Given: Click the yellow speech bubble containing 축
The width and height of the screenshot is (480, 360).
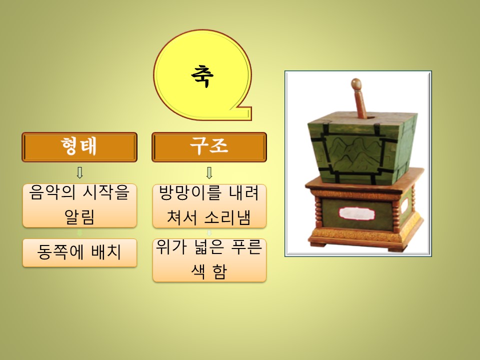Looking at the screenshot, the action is click(202, 75).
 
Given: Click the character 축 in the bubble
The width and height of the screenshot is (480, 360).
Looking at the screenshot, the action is click(202, 76).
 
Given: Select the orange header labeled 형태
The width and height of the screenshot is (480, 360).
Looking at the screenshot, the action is click(79, 147).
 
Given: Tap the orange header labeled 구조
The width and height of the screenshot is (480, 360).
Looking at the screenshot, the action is click(209, 147).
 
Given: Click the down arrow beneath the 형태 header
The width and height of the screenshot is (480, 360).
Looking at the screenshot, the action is click(79, 172).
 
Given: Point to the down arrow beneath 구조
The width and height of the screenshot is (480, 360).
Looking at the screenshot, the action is click(209, 172).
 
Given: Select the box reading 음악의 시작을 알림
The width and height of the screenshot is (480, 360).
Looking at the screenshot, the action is click(79, 205).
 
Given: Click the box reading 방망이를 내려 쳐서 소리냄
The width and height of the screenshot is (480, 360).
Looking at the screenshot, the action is click(209, 205).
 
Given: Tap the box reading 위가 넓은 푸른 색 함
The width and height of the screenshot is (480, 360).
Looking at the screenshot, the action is click(209, 260).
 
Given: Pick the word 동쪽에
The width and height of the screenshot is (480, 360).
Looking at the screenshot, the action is click(60, 252).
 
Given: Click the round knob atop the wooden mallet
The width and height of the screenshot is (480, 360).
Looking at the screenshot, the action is click(356, 84).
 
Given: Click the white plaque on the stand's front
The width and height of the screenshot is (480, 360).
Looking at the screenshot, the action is click(357, 213).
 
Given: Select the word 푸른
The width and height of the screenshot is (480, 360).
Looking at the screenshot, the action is click(246, 246).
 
